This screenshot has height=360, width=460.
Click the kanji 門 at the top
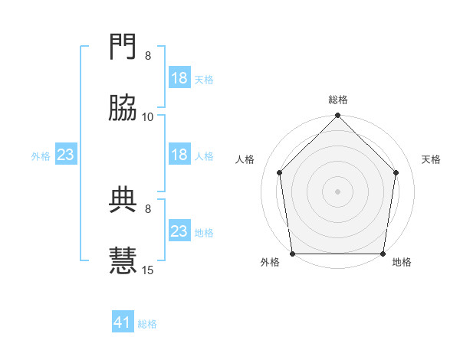123,48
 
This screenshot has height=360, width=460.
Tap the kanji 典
123,200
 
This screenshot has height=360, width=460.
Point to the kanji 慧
123,260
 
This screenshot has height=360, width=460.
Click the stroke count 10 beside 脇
148,116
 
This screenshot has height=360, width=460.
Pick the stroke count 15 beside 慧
148,269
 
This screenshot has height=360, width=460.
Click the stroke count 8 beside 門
148,56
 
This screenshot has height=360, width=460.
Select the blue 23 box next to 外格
65,155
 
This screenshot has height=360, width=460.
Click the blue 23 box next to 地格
179,231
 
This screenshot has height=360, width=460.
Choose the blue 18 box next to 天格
179,78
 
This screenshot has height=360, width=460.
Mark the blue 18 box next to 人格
179,155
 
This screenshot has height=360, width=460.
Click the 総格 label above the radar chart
338,100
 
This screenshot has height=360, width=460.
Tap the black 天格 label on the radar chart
431,159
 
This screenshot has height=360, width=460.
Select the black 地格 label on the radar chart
402,262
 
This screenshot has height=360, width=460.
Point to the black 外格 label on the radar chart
270,262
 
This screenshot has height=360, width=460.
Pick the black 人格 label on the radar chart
245,159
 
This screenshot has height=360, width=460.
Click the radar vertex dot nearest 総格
338,116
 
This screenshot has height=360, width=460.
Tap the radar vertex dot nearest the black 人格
279,172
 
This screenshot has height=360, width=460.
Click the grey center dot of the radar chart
338,191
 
